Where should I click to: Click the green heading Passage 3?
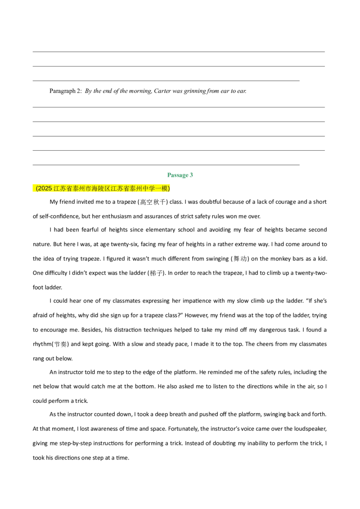click(x=180, y=175)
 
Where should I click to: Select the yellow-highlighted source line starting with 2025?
click(x=101, y=188)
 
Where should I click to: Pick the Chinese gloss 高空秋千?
click(x=153, y=202)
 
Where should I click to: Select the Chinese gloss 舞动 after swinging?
click(x=240, y=259)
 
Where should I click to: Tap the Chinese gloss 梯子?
click(x=156, y=273)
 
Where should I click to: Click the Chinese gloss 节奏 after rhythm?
click(x=60, y=344)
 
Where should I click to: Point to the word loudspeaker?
click(x=310, y=429)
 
